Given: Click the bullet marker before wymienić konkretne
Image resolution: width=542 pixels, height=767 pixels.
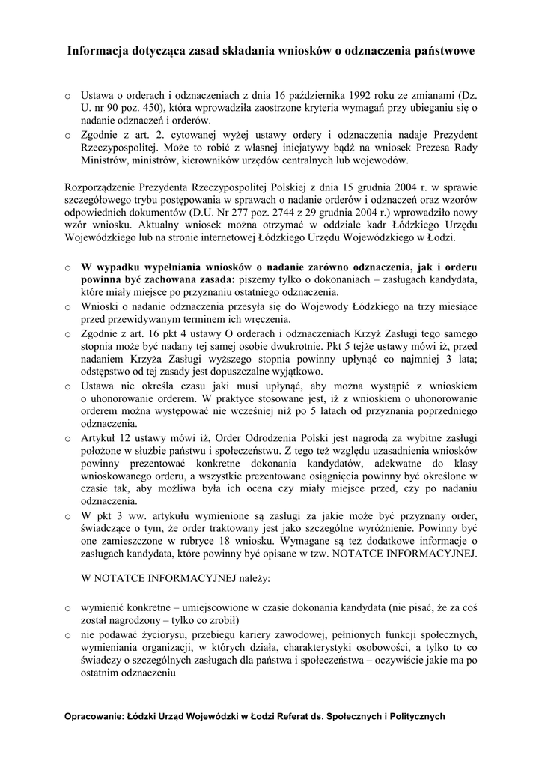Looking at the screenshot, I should pos(67,608).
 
